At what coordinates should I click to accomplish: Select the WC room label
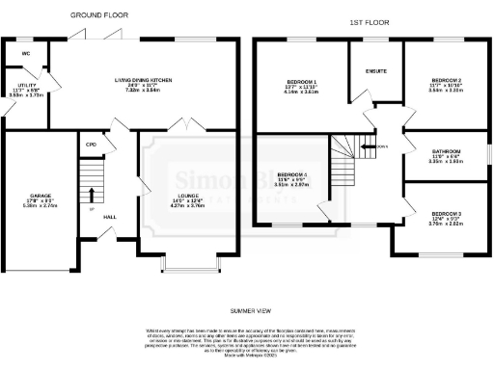pos(26,53)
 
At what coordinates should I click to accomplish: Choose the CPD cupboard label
pos(91,144)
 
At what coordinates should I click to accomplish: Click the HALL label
pos(109,216)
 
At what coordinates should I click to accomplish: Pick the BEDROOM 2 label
pos(447,80)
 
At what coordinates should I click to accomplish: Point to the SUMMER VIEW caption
pos(248,311)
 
